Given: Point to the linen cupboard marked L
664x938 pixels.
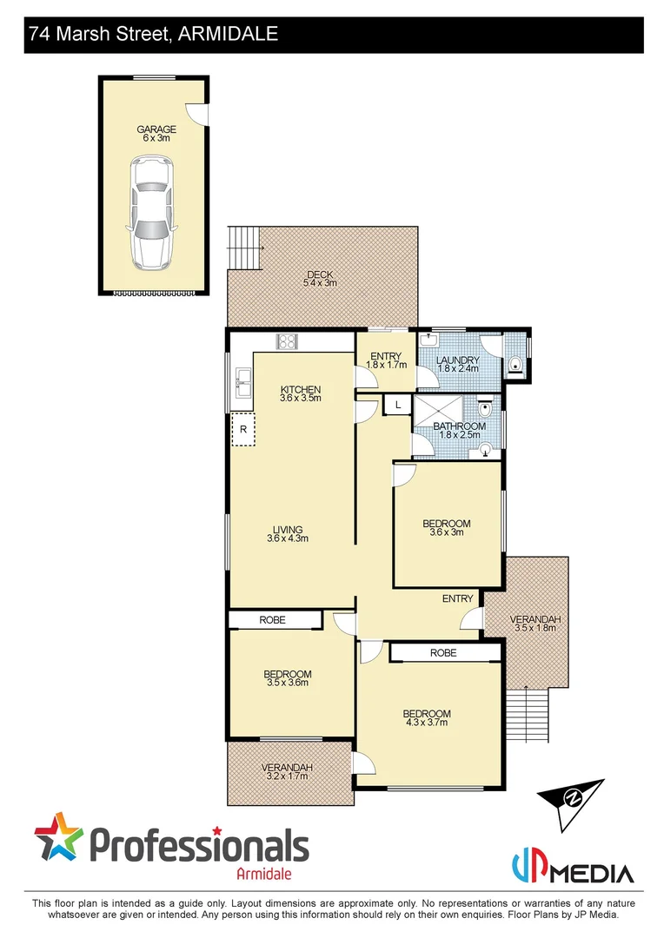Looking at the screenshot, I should point(397,405).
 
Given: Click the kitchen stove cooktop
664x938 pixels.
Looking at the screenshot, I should point(287,341).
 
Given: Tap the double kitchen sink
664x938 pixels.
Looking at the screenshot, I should point(242,380).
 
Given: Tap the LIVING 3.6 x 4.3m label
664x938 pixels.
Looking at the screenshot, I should point(288,534).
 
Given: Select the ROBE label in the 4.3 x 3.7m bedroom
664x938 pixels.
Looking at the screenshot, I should point(443,651).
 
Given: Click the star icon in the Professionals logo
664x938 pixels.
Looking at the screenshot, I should point(59,837).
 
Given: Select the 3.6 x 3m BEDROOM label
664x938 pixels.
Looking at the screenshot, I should point(447,528).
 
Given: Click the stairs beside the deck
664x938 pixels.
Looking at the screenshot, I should point(243,247).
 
